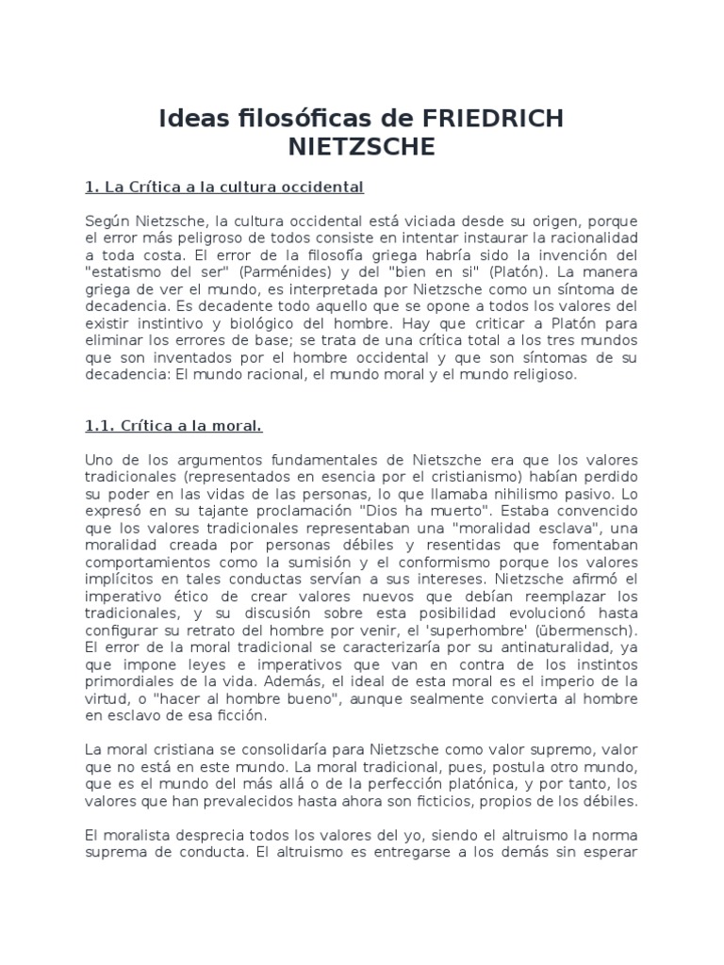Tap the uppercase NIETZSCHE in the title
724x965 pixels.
tap(362, 147)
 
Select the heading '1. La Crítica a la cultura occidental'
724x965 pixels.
tap(224, 187)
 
